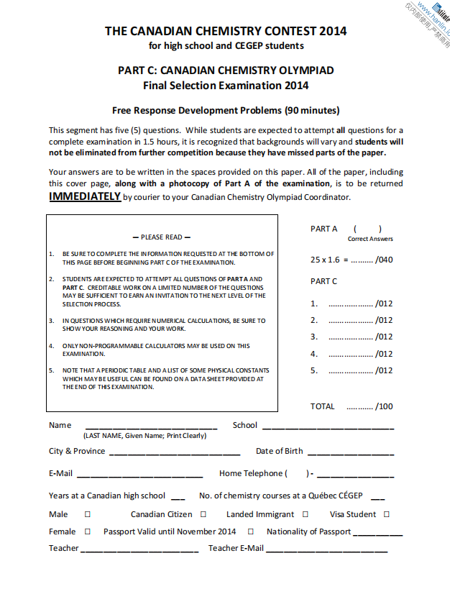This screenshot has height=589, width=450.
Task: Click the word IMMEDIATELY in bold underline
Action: (x=85, y=196)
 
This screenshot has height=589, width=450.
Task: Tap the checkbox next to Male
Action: (x=88, y=514)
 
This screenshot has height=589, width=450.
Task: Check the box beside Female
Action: (x=88, y=531)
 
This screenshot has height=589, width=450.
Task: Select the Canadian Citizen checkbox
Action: (x=203, y=514)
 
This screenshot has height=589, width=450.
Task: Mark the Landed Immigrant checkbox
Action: (x=306, y=514)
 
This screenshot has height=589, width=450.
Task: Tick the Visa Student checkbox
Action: (x=387, y=514)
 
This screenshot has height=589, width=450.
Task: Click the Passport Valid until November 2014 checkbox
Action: (x=251, y=531)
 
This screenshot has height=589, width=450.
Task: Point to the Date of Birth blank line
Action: (x=351, y=454)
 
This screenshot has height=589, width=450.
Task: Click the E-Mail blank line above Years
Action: (x=139, y=476)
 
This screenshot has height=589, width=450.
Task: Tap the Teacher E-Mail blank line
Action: (x=326, y=551)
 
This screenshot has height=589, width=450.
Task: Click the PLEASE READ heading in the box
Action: (x=162, y=237)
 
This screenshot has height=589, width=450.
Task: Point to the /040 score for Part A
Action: (x=385, y=260)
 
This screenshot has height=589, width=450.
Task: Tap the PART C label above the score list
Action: (x=323, y=281)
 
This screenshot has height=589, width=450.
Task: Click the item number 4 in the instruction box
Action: (x=52, y=346)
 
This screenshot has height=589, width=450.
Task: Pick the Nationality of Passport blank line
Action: (x=378, y=534)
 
